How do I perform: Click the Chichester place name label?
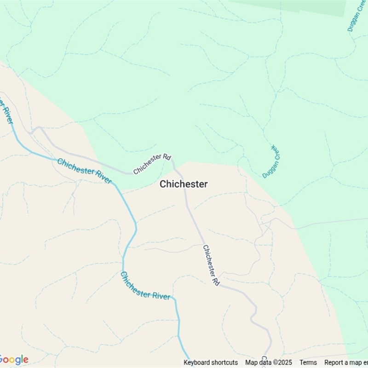(184, 184)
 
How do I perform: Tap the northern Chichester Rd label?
(152, 164)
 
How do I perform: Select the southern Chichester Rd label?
(211, 265)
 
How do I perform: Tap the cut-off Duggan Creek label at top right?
(357, 17)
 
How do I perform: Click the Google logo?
(14, 359)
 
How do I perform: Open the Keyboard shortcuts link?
(211, 362)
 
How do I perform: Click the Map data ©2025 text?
(269, 362)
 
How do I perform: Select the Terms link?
(308, 362)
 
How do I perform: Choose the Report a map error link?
(346, 362)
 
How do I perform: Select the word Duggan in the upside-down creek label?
(267, 170)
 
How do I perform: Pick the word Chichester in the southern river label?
(134, 282)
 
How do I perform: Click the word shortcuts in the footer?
(223, 362)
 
